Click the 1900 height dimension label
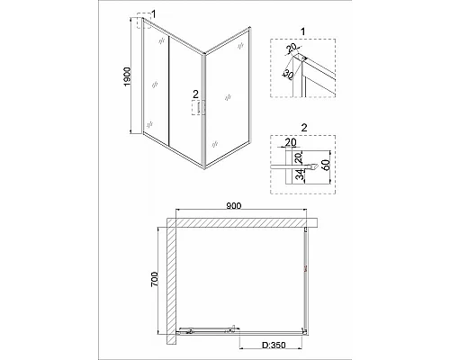pyautogui.click(x=128, y=77)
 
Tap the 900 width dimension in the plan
pyautogui.click(x=233, y=206)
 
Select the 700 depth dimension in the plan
pyautogui.click(x=154, y=279)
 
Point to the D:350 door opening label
pyautogui.click(x=274, y=346)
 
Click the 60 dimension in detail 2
pyautogui.click(x=326, y=165)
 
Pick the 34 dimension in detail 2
pyautogui.click(x=300, y=175)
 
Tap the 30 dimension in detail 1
pyautogui.click(x=288, y=75)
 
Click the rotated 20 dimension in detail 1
pyautogui.click(x=292, y=49)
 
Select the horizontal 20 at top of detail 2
pyautogui.click(x=291, y=142)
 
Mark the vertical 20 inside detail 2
pyautogui.click(x=299, y=157)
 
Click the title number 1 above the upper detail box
pyautogui.click(x=302, y=31)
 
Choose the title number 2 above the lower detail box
pyautogui.click(x=304, y=128)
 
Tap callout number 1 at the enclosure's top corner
pyautogui.click(x=154, y=13)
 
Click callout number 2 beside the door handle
pyautogui.click(x=195, y=94)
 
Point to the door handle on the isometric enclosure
pyautogui.click(x=198, y=108)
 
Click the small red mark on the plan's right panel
pyautogui.click(x=305, y=269)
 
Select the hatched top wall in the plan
pyautogui.click(x=242, y=223)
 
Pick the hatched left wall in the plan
pyautogui.click(x=171, y=281)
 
